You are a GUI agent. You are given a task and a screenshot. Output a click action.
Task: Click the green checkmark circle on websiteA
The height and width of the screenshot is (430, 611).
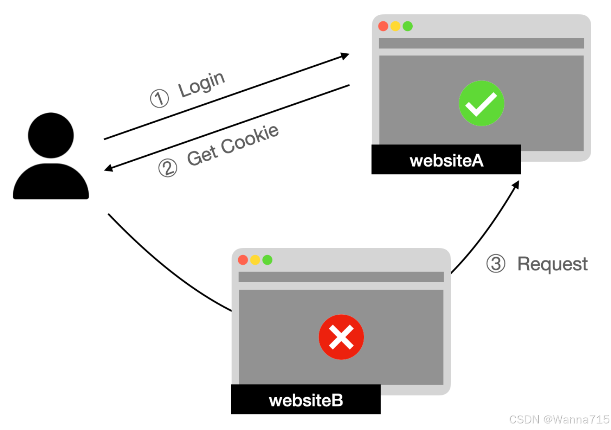pos(481,103)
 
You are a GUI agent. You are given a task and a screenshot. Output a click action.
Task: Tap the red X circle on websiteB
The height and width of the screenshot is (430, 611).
pos(341,337)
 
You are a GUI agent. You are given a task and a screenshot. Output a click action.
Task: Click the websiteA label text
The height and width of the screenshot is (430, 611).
pos(446,160)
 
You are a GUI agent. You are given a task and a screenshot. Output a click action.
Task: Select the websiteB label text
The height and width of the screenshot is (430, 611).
pos(306,400)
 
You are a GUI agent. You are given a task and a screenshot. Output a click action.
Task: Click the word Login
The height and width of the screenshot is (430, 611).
pos(202,84)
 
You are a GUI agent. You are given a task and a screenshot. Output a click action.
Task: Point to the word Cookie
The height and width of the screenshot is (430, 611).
pos(250,140)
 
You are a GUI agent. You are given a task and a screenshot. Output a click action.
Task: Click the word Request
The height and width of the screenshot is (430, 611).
pos(552,264)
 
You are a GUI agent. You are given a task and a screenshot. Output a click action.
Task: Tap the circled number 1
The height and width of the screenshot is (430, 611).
pos(159,98)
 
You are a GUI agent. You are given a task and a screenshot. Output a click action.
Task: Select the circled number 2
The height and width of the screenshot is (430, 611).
pos(168,168)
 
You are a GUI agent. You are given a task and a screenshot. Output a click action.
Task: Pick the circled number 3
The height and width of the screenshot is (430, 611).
pos(496,264)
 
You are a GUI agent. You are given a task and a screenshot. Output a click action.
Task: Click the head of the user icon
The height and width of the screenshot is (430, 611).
pos(51,135)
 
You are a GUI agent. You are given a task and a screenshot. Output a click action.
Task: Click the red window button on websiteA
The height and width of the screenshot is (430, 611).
pos(383,26)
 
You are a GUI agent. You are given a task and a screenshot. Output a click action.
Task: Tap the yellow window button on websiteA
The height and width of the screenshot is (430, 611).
pos(395,26)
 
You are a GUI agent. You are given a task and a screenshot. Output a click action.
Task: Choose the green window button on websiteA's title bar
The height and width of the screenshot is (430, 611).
pos(408,26)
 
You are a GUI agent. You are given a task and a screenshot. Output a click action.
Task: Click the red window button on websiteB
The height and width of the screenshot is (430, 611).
pos(243,260)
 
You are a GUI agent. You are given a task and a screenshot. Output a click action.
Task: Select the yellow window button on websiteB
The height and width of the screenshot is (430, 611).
pos(255,260)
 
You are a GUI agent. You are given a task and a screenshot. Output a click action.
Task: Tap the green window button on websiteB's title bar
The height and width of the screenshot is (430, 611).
pos(267,260)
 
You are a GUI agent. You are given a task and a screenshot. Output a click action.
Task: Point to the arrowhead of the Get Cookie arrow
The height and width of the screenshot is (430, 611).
pos(108,168)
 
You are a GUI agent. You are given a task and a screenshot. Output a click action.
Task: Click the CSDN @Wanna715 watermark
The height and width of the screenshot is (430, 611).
pos(559,419)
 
